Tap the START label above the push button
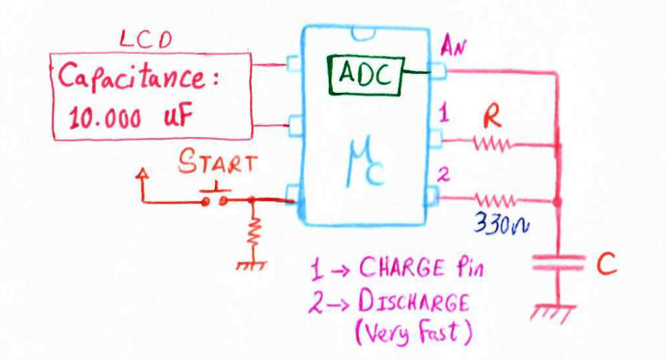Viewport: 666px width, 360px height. (217, 162)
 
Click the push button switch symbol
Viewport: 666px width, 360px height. (216, 196)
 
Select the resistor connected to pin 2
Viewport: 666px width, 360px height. (493, 200)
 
